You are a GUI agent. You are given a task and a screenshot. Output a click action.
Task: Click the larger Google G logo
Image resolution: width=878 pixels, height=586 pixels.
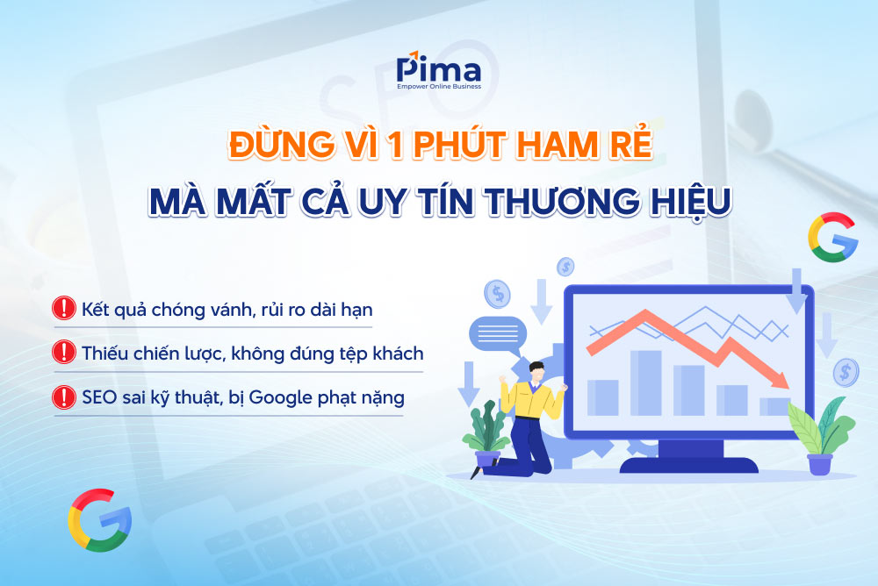pyautogui.click(x=99, y=519)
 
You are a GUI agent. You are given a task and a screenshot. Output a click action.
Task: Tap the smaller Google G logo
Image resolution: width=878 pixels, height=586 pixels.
pyautogui.click(x=831, y=239)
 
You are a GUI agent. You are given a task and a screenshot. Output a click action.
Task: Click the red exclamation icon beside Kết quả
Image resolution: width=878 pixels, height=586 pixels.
pyautogui.click(x=64, y=308)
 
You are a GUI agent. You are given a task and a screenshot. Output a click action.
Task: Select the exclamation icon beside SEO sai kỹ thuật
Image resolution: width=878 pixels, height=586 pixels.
pyautogui.click(x=64, y=397)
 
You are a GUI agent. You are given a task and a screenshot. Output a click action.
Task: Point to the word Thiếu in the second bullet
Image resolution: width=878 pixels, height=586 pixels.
pyautogui.click(x=104, y=353)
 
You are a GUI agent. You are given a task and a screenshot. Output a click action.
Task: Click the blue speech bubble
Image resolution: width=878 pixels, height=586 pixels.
pyautogui.click(x=498, y=332)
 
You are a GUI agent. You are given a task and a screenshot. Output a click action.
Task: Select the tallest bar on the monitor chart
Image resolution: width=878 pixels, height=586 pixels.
pyautogui.click(x=645, y=382)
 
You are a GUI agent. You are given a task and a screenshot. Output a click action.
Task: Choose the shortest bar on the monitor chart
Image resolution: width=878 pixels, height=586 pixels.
pyautogui.click(x=774, y=405)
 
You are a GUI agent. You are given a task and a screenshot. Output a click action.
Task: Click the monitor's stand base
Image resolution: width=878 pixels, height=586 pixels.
pyautogui.click(x=687, y=464)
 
